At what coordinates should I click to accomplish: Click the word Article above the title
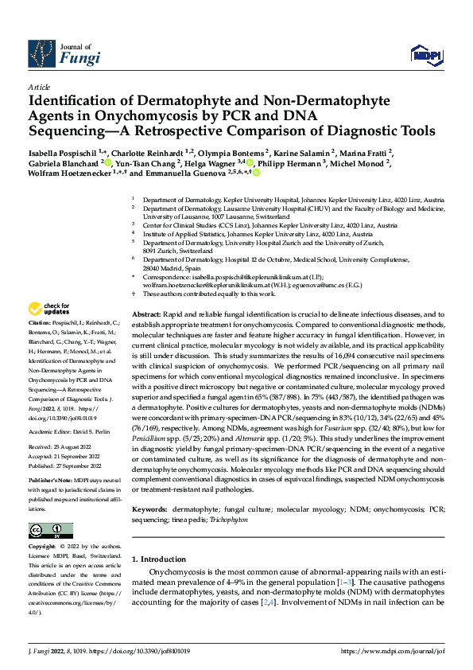point(38,86)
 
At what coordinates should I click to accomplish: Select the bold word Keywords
point(149,485)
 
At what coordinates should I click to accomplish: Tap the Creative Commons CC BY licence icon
point(47,530)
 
